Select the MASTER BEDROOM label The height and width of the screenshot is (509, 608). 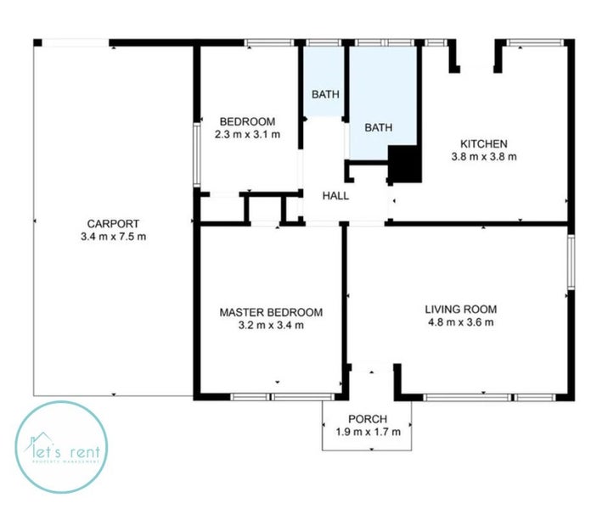271,312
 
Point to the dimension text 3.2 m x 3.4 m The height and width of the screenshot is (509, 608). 271,325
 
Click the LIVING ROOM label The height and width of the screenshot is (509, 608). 461,309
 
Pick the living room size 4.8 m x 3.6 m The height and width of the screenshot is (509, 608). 461,322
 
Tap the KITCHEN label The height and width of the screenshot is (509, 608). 484,143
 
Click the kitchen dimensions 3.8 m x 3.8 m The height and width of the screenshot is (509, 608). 484,156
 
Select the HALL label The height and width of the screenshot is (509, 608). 335,196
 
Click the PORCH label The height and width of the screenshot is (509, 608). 368,419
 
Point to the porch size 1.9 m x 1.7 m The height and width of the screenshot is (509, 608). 368,432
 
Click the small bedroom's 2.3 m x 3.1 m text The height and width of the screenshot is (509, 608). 246,133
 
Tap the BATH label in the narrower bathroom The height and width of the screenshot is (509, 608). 324,94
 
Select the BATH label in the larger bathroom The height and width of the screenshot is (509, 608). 379,128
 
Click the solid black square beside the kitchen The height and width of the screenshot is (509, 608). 404,163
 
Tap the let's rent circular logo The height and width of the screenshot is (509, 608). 61,448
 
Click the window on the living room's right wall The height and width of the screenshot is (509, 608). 571,264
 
